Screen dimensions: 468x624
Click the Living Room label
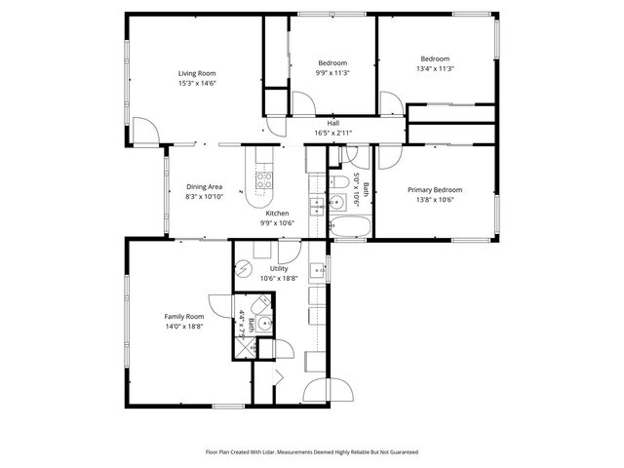[197, 73]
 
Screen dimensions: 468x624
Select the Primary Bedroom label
[435, 190]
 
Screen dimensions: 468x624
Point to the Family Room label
[183, 316]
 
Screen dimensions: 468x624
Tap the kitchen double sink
[317, 205]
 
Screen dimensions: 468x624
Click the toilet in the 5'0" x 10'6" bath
[338, 182]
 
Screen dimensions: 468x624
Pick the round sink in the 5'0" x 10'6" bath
[337, 203]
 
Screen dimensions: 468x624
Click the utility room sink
[317, 270]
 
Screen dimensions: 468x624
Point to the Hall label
[333, 123]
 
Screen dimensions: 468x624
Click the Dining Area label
[205, 186]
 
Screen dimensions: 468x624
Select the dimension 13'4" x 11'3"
[435, 69]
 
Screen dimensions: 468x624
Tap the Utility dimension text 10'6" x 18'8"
[279, 278]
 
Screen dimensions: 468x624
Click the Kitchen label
[278, 213]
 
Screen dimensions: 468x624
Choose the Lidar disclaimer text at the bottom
[311, 451]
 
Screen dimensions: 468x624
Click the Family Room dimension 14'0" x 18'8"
[183, 327]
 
